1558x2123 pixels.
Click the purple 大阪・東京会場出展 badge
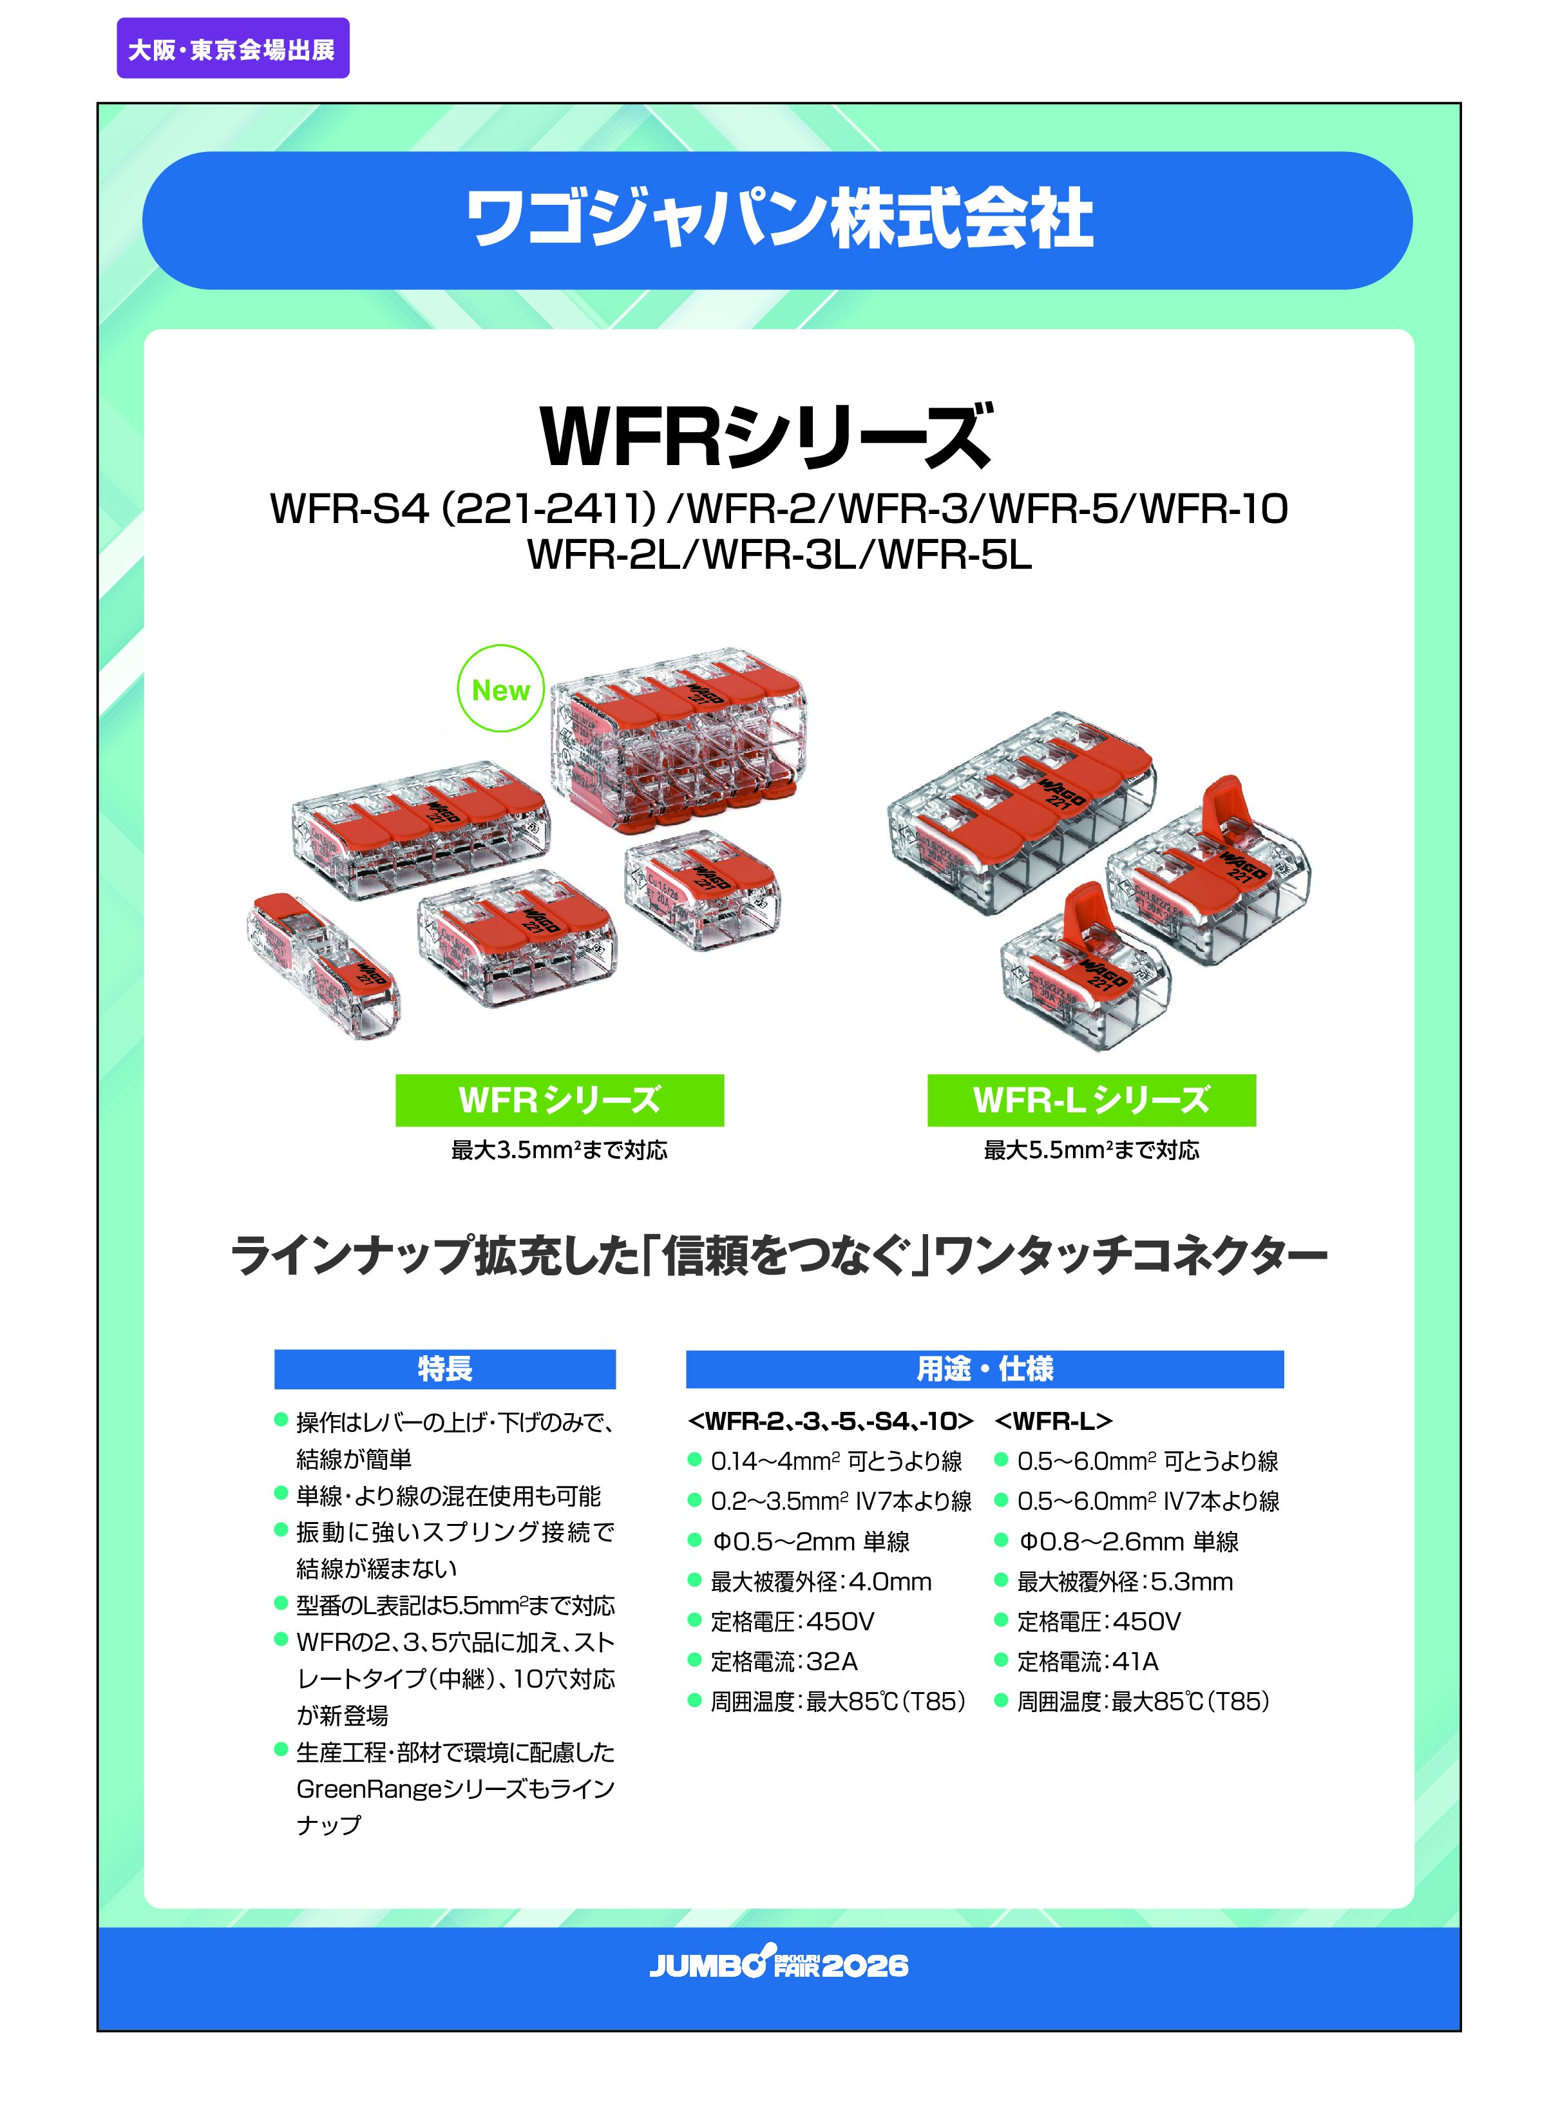[233, 48]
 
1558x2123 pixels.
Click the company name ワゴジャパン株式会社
[779, 220]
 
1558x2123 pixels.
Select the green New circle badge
[501, 689]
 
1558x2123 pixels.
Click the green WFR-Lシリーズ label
[1091, 1100]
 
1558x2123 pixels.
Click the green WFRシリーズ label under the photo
[559, 1100]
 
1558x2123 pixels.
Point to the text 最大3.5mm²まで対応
[559, 1150]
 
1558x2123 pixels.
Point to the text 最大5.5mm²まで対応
[1091, 1150]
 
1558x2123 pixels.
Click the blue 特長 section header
[445, 1369]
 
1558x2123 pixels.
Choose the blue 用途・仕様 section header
[985, 1369]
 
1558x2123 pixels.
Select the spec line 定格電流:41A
[1087, 1662]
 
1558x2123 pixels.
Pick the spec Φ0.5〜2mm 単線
[811, 1542]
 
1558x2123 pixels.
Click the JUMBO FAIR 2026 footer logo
[779, 1965]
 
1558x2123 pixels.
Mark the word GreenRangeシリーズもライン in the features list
[455, 1789]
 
